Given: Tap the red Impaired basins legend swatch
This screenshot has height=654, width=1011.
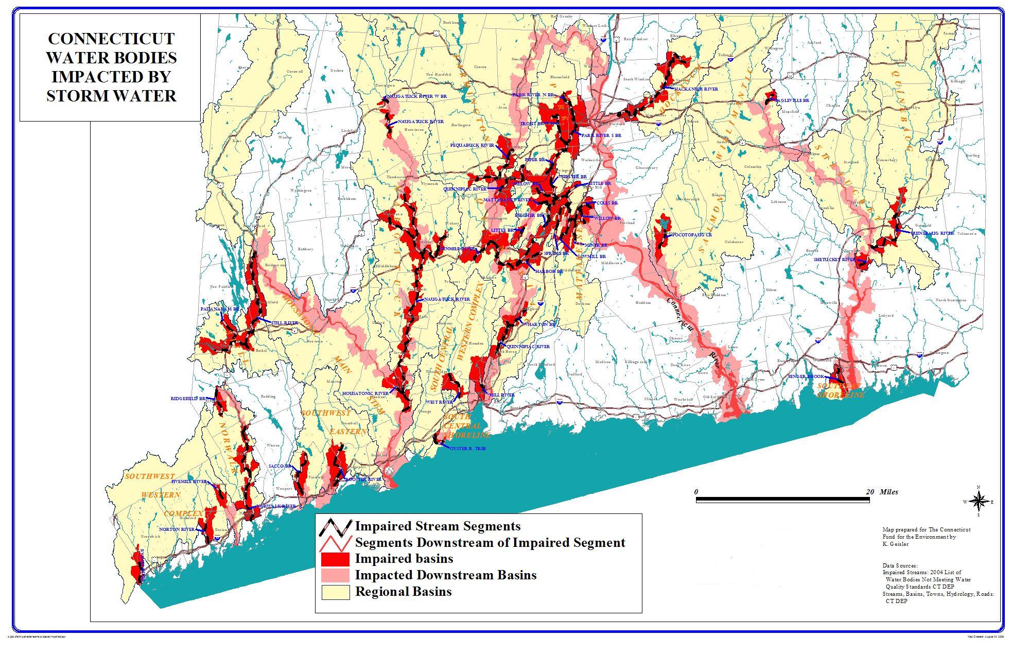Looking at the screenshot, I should click(335, 559).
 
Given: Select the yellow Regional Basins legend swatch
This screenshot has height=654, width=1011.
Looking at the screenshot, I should click(335, 592).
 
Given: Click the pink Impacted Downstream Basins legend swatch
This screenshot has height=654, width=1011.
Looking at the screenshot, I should click(335, 576).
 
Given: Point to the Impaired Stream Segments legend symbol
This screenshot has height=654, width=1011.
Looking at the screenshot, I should click(335, 527).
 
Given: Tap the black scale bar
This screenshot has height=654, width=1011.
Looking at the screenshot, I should click(782, 500).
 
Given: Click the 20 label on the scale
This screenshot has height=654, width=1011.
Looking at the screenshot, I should click(869, 492).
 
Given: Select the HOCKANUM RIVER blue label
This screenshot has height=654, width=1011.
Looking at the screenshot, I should click(696, 90).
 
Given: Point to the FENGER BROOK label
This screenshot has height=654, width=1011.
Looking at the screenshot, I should click(806, 377).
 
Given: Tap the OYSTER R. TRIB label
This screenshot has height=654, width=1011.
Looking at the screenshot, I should click(467, 449).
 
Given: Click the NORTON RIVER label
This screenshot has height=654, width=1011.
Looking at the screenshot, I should click(177, 529).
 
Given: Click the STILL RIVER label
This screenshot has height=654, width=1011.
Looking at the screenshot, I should click(285, 323).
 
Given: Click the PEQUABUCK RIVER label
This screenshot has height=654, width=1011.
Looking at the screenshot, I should click(472, 145).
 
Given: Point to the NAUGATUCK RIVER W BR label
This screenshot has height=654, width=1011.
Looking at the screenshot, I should click(416, 96).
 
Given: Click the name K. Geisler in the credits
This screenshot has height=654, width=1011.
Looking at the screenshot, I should click(896, 543).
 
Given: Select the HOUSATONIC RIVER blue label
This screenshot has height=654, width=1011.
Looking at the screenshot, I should click(365, 393).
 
